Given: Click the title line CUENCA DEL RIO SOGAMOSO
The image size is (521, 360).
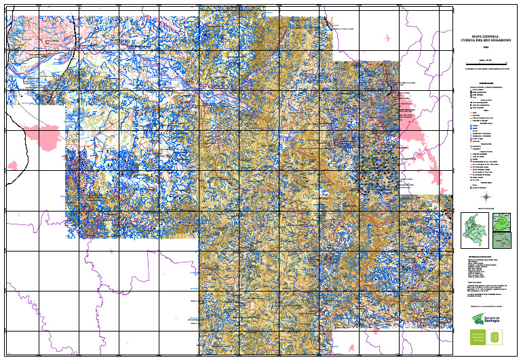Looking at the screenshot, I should [x=485, y=39].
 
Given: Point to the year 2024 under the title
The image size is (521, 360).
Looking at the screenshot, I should [x=485, y=47].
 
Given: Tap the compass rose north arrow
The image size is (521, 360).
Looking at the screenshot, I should [x=485, y=195].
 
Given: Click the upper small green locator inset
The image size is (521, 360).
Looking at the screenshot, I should [x=501, y=222].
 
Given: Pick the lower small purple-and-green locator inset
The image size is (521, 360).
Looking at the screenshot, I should [x=501, y=240].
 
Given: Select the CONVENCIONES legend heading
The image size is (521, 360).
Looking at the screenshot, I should [x=485, y=84].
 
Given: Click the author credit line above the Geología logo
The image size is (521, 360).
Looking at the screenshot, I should [x=485, y=306].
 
